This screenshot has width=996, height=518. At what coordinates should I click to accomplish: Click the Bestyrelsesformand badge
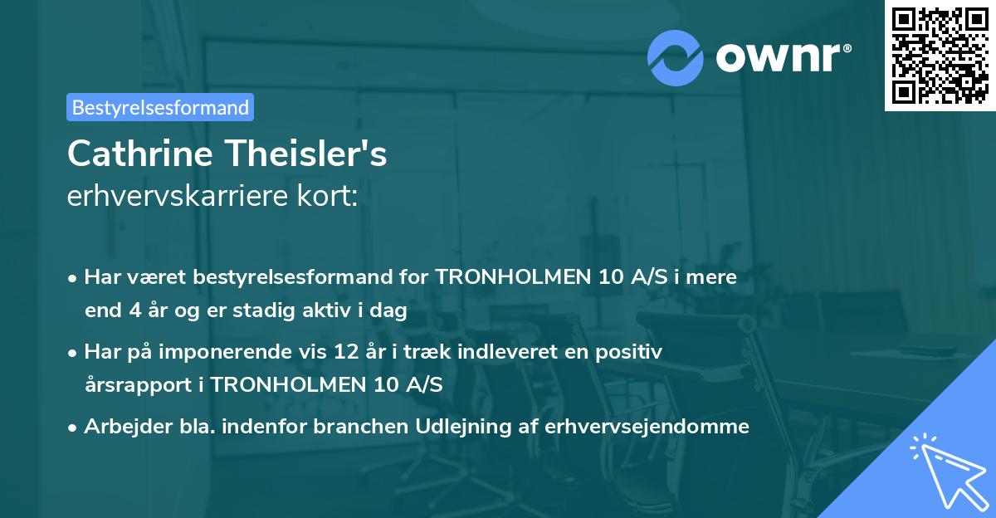160,107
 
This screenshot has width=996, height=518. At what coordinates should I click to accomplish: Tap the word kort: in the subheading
330,197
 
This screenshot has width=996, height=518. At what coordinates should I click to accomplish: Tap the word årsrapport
138,385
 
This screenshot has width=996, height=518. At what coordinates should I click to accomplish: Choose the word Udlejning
448,426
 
